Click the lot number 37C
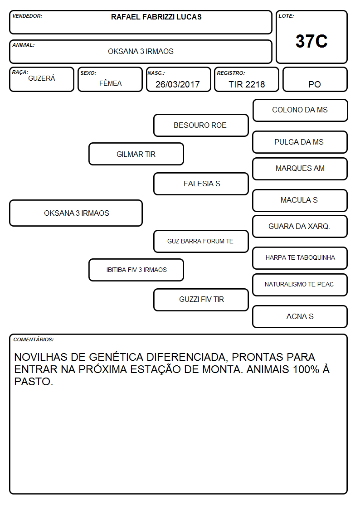311,41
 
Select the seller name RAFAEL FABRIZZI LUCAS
156,17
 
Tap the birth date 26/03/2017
178,84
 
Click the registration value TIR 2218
247,84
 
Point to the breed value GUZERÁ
42,78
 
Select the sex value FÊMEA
110,83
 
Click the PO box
315,79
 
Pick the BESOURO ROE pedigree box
201,125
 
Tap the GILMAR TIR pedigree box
136,154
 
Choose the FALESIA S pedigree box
201,184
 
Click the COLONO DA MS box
300,111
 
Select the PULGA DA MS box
300,142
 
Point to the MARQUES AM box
300,169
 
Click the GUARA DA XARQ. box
300,226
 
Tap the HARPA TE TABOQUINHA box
300,258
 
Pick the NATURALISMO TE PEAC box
300,285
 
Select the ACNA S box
300,316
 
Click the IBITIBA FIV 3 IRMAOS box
136,270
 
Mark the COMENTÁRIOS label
34,339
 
